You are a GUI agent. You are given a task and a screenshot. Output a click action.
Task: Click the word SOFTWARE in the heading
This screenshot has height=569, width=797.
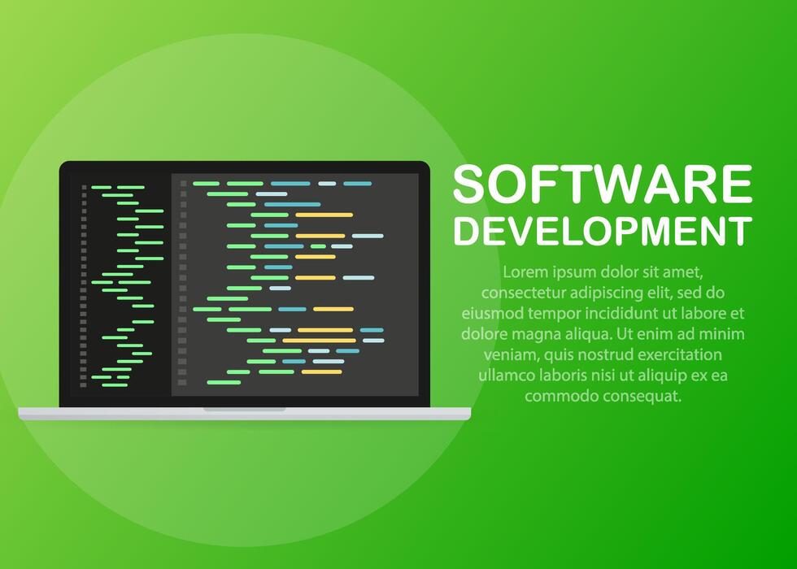click(603, 185)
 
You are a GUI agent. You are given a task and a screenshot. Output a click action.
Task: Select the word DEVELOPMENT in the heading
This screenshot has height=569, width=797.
click(603, 231)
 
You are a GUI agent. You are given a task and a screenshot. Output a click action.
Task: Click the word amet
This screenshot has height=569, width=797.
click(683, 271)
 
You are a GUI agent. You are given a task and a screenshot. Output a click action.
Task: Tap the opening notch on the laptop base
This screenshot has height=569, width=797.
click(244, 410)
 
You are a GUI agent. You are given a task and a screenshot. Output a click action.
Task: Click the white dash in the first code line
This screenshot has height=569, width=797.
click(327, 184)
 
